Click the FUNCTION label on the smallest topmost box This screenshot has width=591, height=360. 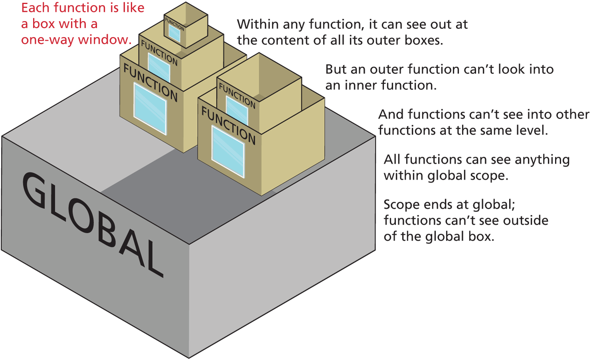pyautogui.click(x=175, y=24)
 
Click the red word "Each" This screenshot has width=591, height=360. pyautogui.click(x=36, y=8)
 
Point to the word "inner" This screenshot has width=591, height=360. pyautogui.click(x=363, y=86)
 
